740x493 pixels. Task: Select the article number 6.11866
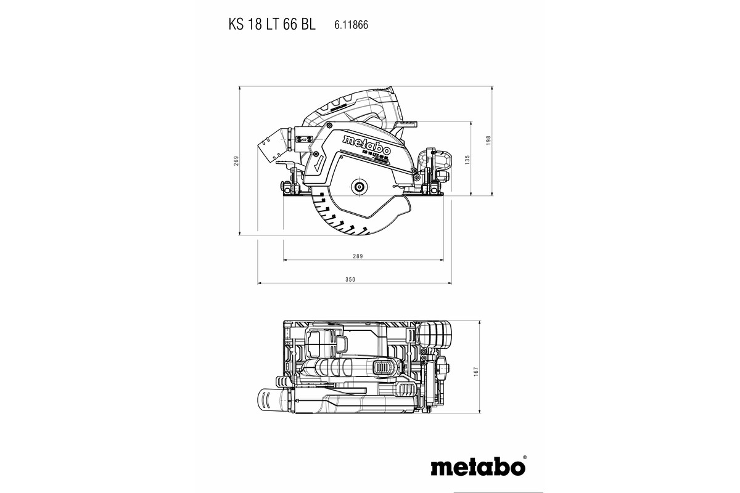[351, 26]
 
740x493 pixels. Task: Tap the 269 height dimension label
[236, 161]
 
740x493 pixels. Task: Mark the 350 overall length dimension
[350, 280]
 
